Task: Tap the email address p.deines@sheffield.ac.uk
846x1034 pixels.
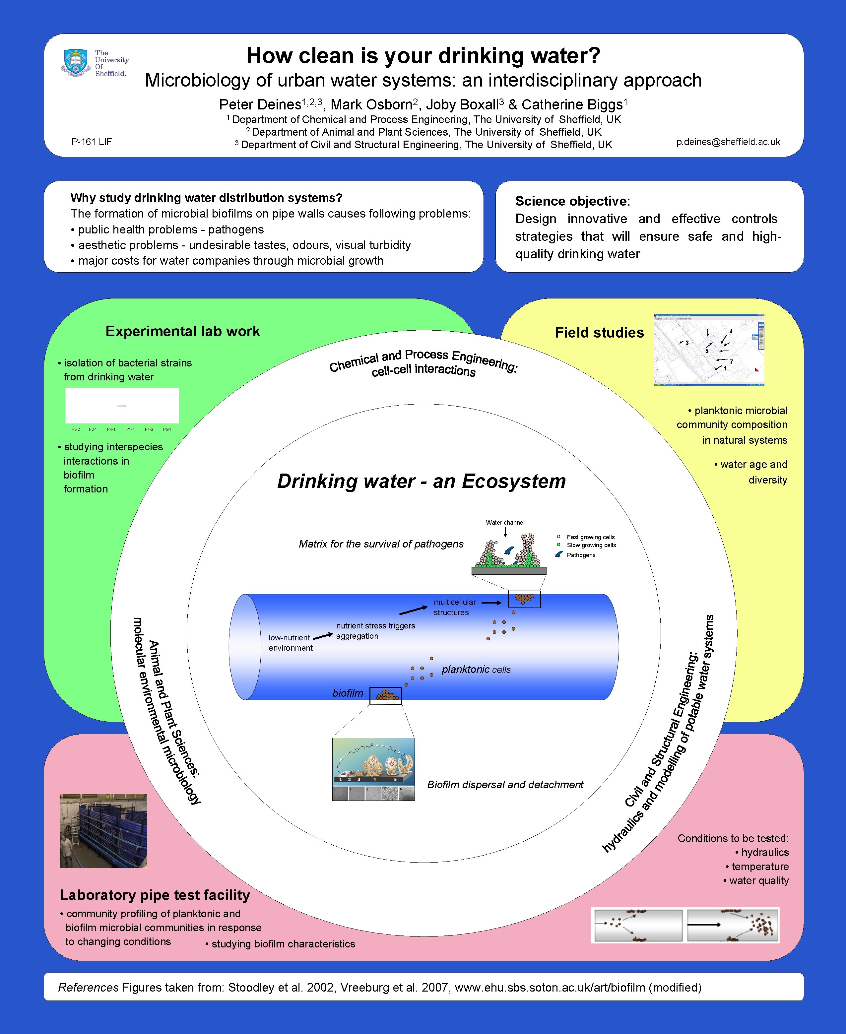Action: point(728,142)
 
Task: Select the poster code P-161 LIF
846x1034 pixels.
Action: point(92,142)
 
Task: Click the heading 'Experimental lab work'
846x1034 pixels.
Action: point(183,331)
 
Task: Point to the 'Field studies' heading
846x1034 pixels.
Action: point(599,333)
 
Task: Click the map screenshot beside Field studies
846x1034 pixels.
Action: point(709,350)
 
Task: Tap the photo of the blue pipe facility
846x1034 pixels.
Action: point(103,830)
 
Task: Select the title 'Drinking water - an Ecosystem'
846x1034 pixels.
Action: point(422,481)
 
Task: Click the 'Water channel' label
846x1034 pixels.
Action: point(505,522)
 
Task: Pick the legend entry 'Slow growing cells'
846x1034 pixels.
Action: point(591,545)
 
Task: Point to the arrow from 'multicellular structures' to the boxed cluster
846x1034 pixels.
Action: point(491,603)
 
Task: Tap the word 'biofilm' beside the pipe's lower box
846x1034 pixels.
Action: point(348,693)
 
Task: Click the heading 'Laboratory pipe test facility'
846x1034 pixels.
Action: point(155,895)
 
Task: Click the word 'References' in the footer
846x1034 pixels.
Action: point(88,987)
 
